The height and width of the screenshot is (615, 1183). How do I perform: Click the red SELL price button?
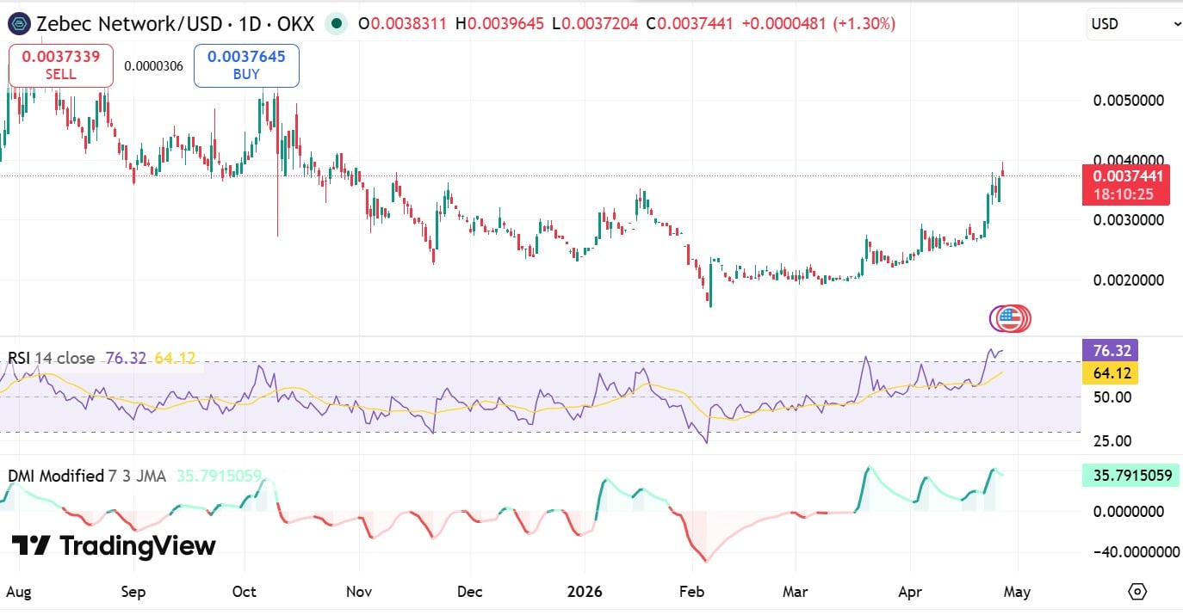click(x=60, y=65)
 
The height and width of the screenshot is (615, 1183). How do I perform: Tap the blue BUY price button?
click(x=246, y=65)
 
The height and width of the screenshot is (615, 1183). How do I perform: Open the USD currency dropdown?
click(x=1135, y=24)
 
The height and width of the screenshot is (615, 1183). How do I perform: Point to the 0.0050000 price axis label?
click(x=1128, y=100)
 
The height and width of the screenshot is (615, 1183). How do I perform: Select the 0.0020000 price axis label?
click(x=1128, y=280)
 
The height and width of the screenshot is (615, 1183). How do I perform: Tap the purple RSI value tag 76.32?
click(x=1110, y=350)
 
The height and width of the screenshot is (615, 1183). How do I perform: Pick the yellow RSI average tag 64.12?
click(x=1110, y=373)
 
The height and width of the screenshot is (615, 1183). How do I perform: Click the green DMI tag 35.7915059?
click(x=1128, y=475)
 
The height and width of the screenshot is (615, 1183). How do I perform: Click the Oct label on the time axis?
click(x=245, y=592)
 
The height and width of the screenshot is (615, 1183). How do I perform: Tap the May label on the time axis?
click(x=1019, y=592)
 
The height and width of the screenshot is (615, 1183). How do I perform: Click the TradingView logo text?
click(x=113, y=545)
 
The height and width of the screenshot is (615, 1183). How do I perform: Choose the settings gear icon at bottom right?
click(x=1137, y=592)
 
